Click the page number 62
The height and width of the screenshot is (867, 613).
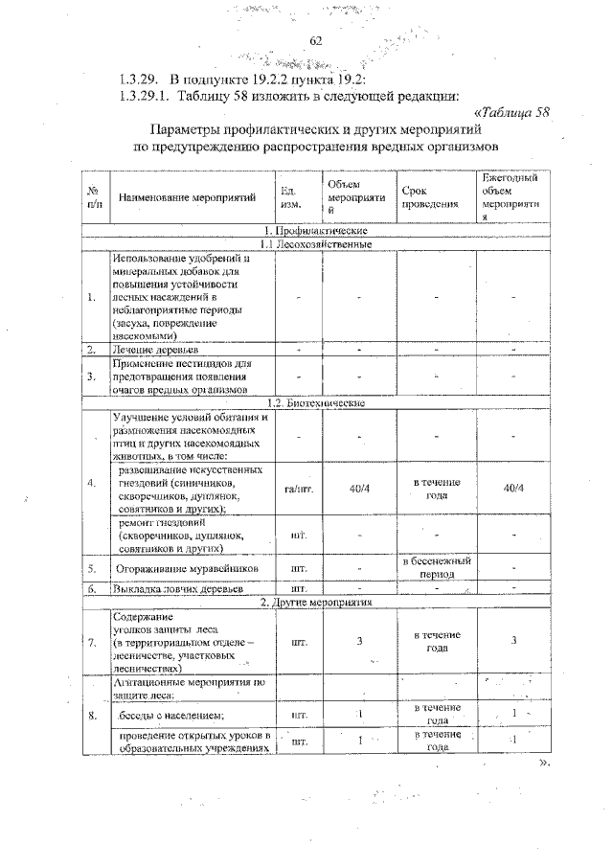coord(317,41)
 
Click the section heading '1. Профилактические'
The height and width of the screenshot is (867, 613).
coord(316,231)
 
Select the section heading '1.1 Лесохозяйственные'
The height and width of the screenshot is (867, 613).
coord(316,244)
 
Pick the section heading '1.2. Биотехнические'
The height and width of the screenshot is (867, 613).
coord(316,403)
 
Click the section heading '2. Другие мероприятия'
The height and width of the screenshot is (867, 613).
coord(316,602)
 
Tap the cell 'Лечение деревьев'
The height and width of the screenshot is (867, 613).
coord(156,352)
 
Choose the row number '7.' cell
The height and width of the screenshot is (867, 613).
coord(93,642)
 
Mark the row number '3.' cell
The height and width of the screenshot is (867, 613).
coord(93,376)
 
